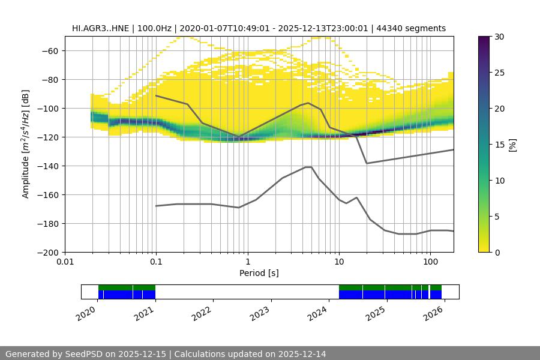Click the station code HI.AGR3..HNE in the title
click(x=99, y=28)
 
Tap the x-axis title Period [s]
click(x=259, y=273)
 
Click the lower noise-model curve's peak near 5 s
click(x=308, y=167)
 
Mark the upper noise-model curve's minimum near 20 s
click(x=367, y=163)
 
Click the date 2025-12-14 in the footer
click(x=299, y=354)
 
